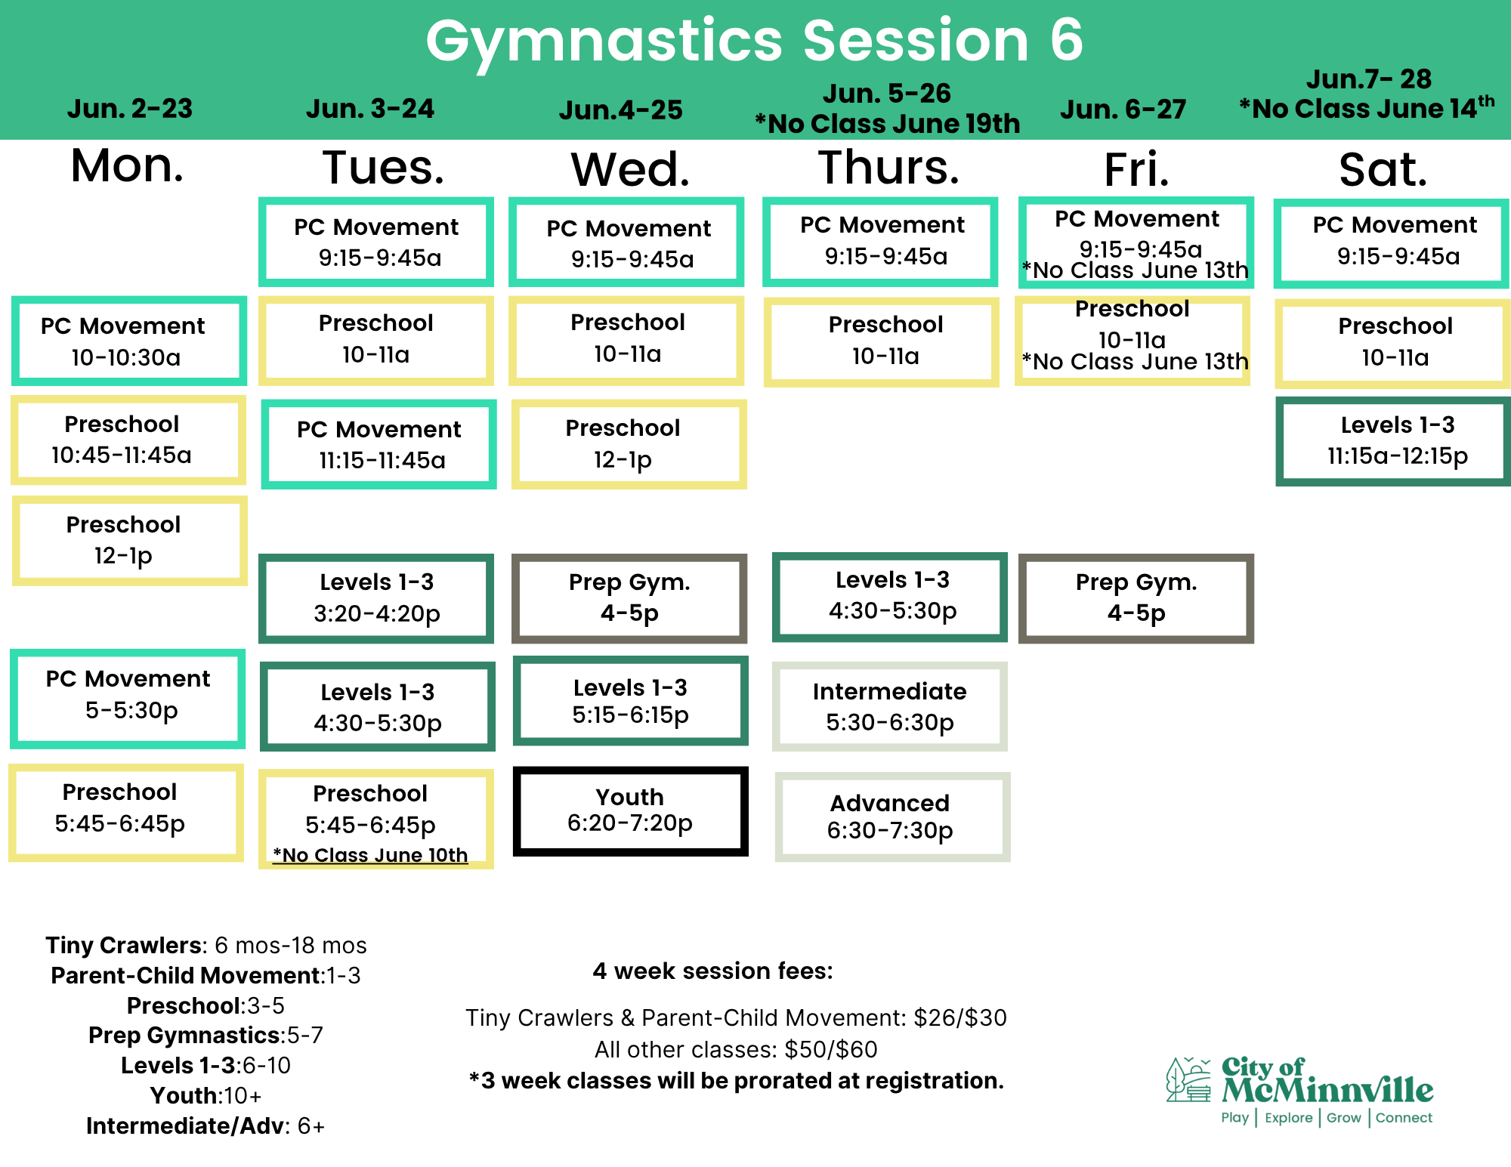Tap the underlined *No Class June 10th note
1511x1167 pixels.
370,855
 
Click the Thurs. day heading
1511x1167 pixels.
888,167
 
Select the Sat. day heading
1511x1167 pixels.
1383,169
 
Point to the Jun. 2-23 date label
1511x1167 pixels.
130,109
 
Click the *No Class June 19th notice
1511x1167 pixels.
888,123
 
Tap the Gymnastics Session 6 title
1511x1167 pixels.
755,41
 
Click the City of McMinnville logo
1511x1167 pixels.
1299,1090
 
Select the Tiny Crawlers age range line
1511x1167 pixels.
206,945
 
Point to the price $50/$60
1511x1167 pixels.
831,1049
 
